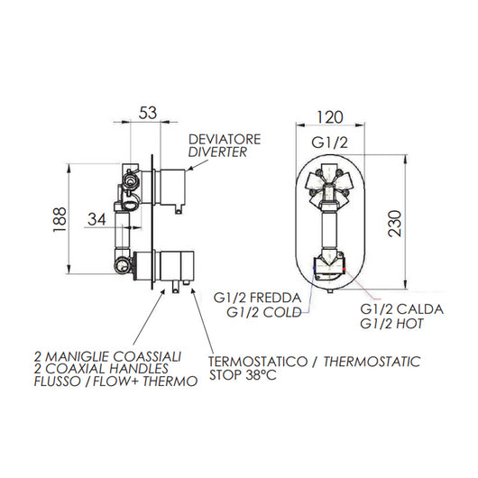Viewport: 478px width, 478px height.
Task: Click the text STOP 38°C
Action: [x=244, y=375]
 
